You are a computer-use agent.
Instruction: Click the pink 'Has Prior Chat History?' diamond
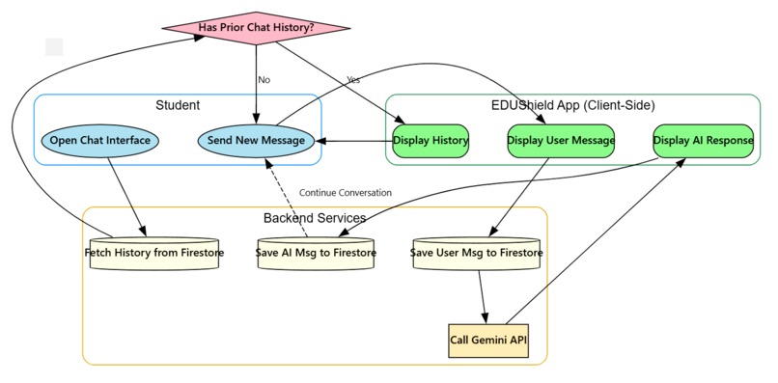point(256,27)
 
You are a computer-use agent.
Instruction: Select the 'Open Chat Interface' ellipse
point(100,141)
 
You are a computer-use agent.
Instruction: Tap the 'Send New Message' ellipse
point(256,141)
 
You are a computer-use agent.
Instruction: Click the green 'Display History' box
point(431,141)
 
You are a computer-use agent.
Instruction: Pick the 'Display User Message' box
point(561,141)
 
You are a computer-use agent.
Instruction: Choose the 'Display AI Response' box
point(703,141)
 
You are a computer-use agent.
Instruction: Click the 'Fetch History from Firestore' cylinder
point(154,253)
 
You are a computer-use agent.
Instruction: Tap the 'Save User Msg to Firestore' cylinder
point(477,253)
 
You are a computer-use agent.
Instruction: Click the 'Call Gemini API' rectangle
point(488,341)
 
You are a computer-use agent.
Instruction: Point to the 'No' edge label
point(264,79)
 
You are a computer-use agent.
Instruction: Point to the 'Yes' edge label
point(353,79)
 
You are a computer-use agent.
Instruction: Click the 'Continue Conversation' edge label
point(345,193)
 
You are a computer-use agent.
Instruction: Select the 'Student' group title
point(178,104)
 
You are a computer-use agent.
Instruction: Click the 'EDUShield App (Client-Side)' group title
point(572,104)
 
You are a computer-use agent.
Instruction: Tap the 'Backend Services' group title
point(315,219)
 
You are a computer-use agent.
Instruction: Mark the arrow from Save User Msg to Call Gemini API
point(483,295)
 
